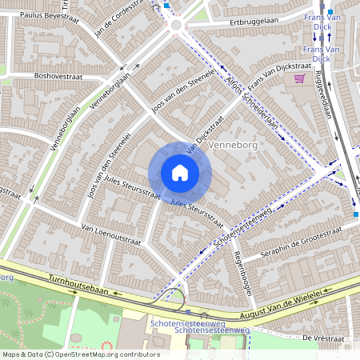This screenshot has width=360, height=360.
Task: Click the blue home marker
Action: click(180, 173)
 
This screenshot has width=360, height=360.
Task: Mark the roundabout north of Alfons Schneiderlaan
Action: click(176, 26)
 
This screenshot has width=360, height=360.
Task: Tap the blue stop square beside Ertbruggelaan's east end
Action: click(330, 12)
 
